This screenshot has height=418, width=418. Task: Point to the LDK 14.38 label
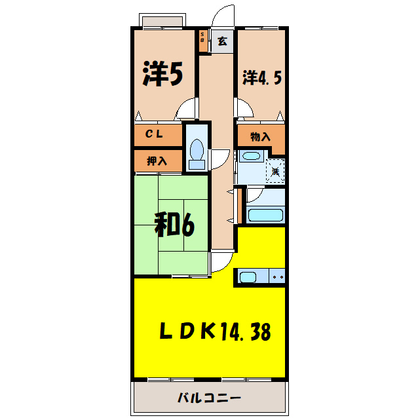(215, 332)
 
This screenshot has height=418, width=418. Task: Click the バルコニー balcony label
(210, 398)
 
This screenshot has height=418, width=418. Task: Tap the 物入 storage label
(260, 137)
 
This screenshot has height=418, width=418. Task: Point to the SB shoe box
(202, 40)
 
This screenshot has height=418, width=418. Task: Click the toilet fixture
(195, 151)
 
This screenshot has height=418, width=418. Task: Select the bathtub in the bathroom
(265, 214)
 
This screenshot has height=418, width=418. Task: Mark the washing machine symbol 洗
(276, 170)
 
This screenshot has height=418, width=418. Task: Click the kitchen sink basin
(248, 277)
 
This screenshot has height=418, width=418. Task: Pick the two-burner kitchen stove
(277, 277)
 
